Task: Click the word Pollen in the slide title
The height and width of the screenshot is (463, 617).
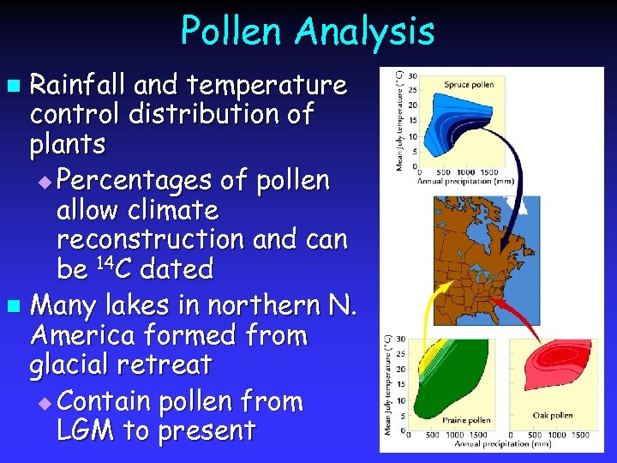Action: click(x=232, y=32)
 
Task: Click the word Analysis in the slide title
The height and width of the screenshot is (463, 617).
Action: click(x=367, y=32)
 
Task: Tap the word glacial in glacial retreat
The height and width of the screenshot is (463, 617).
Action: click(x=71, y=364)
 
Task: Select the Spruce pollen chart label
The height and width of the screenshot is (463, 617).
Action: click(x=469, y=85)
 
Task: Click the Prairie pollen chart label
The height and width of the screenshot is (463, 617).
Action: click(x=466, y=419)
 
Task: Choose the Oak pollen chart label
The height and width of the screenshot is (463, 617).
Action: click(x=553, y=415)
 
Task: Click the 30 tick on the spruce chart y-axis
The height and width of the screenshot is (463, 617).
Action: click(x=413, y=75)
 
